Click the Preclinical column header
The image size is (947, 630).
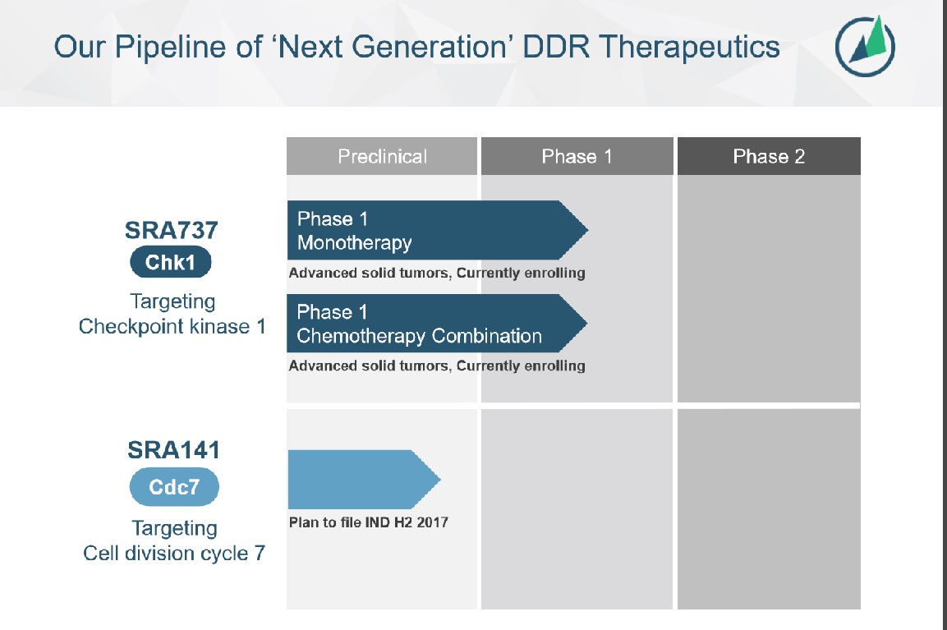[x=382, y=156]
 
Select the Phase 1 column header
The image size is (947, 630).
[x=577, y=156]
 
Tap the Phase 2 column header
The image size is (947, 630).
[x=769, y=156]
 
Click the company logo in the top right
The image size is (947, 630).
[x=865, y=46]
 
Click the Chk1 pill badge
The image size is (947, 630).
[x=171, y=262]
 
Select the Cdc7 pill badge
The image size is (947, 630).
[x=174, y=487]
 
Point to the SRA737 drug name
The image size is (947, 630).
[x=172, y=230]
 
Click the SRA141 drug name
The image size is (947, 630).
[x=174, y=450]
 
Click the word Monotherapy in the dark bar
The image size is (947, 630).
[x=354, y=243]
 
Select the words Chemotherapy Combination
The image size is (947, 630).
[x=419, y=336]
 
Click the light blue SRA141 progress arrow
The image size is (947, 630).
[x=361, y=480]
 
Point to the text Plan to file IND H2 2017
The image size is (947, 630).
[x=368, y=522]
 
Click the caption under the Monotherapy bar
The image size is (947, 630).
[x=436, y=273]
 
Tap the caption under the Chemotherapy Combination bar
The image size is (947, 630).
[x=436, y=366]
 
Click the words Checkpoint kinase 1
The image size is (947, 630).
[x=172, y=326]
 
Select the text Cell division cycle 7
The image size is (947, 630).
[x=174, y=553]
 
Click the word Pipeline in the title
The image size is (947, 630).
[x=154, y=46]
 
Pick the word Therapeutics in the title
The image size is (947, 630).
[x=689, y=46]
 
